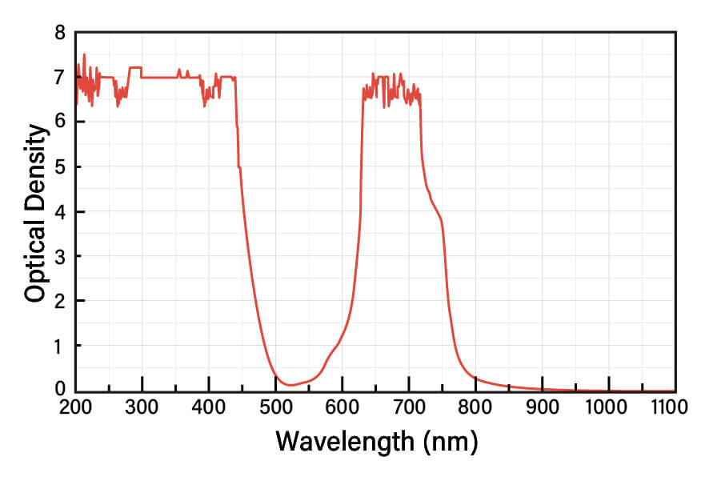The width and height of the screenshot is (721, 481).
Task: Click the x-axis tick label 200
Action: point(75,407)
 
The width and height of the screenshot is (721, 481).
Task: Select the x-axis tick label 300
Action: point(142,407)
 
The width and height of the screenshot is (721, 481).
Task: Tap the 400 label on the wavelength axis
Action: point(209,407)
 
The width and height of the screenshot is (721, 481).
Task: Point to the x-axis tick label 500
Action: point(275,407)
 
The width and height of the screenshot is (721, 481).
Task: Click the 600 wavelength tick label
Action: point(342,407)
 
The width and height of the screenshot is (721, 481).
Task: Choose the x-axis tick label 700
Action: point(409,407)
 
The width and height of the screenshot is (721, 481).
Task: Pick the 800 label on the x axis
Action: point(475,407)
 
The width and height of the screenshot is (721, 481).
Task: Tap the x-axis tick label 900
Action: point(543,407)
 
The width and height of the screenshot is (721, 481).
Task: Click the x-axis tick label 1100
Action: point(669,407)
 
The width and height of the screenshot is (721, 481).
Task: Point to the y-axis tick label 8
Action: point(59,33)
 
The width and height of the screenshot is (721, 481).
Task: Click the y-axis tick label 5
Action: point(59,167)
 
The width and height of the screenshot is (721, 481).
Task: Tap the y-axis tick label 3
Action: point(59,256)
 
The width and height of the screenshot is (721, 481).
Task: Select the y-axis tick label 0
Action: point(59,390)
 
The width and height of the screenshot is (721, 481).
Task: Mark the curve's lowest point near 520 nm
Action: point(291,385)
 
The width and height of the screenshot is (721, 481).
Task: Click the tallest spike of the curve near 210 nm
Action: point(84,54)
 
